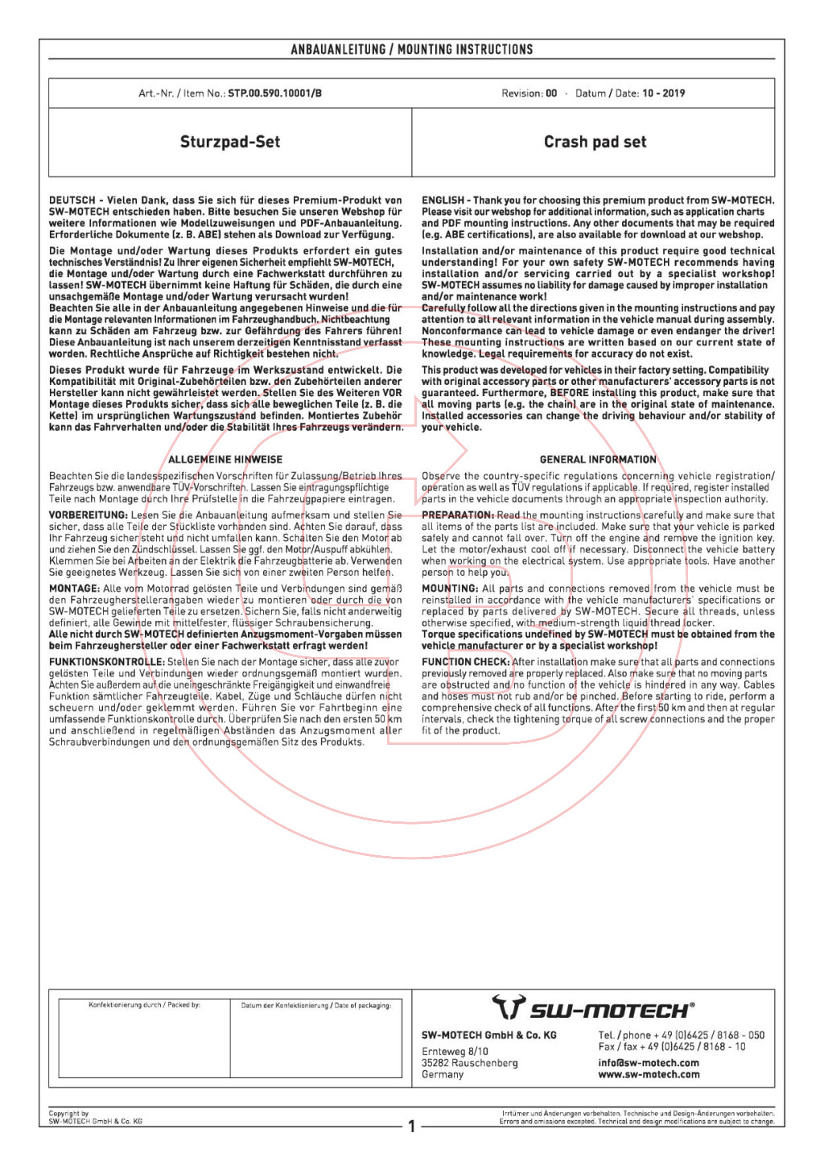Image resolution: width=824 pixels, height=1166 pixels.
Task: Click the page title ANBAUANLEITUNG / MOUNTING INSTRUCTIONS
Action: click(411, 50)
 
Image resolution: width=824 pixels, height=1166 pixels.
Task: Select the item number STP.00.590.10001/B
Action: click(274, 93)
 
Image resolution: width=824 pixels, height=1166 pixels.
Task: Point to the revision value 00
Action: click(551, 93)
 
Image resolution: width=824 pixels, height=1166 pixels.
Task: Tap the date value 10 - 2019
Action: click(663, 93)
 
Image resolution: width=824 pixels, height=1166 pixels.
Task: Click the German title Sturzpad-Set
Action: click(230, 143)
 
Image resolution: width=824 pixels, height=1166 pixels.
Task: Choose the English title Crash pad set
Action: click(595, 143)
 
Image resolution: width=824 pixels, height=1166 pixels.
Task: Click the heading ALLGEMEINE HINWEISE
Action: click(225, 460)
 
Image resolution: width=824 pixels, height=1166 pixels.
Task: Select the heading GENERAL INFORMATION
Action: click(598, 460)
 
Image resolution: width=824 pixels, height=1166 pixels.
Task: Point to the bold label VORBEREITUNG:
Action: click(89, 515)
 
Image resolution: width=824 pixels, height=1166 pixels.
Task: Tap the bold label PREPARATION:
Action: click(457, 515)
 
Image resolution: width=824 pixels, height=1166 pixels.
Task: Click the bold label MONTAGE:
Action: click(74, 589)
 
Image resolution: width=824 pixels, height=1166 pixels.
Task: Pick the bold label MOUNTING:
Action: click(450, 589)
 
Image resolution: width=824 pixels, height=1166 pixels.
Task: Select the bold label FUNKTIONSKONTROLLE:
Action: click(107, 662)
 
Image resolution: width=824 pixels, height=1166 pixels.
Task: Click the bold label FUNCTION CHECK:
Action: click(465, 662)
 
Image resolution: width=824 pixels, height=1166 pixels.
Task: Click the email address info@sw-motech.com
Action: click(649, 1063)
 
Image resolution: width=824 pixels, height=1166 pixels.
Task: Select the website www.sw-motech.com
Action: click(649, 1074)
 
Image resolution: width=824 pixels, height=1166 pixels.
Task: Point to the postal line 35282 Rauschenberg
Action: click(470, 1063)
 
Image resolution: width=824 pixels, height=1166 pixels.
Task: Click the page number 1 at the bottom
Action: click(411, 1126)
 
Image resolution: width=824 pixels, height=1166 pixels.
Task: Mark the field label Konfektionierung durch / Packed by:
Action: click(144, 1005)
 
